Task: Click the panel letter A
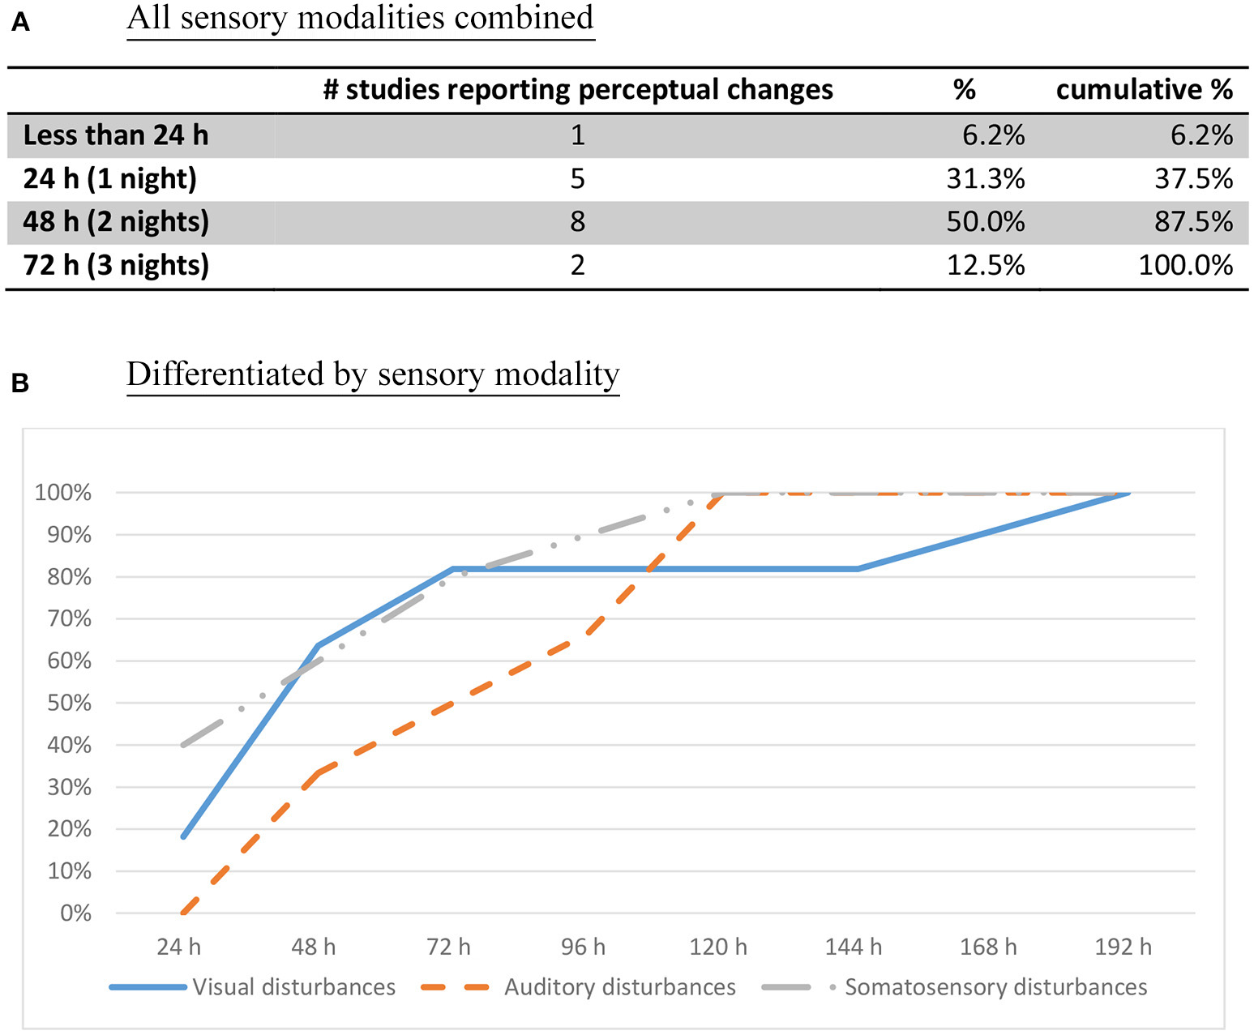point(20,22)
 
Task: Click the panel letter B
point(20,383)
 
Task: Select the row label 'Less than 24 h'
point(116,135)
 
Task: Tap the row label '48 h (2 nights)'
point(116,222)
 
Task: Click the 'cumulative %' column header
point(1144,89)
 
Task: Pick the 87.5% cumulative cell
point(1193,222)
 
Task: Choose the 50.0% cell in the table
point(985,222)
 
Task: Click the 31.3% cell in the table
point(985,179)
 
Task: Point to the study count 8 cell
point(577,222)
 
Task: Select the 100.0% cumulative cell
point(1185,266)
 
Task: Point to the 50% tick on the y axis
point(69,703)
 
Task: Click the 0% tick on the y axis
point(75,913)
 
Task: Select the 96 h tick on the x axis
point(583,947)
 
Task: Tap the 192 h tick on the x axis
point(1123,947)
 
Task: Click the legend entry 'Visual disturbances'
point(293,987)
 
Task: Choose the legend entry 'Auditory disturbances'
point(619,987)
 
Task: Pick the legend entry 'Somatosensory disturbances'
point(995,987)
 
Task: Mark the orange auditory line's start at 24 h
point(184,913)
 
